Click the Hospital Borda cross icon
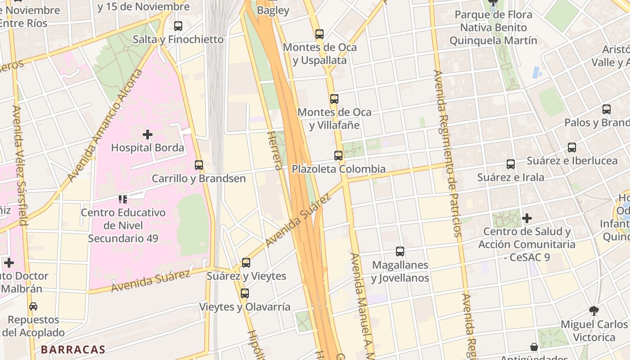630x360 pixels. coord(148,135)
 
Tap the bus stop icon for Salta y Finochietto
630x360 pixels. coord(178,26)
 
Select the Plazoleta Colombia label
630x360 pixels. coord(338,169)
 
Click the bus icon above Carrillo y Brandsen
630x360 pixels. coord(199,165)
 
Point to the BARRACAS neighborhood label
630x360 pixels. coord(73,350)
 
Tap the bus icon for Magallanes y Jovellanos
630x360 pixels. coord(400,252)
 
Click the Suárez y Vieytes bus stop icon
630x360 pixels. coord(246,263)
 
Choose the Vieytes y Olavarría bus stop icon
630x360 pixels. coord(245,293)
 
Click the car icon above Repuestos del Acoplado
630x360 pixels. coord(33,306)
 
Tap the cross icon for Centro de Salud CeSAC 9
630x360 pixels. coord(527,219)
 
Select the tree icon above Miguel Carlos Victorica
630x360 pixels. coord(594,310)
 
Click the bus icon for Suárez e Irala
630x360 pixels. coord(511,164)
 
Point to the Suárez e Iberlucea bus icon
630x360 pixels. coord(572,148)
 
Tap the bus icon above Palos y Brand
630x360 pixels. coord(607,109)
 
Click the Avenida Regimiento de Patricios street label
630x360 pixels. coord(447,153)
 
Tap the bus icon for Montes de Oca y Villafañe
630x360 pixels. coord(334,99)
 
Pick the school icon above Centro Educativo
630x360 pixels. coord(123,199)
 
